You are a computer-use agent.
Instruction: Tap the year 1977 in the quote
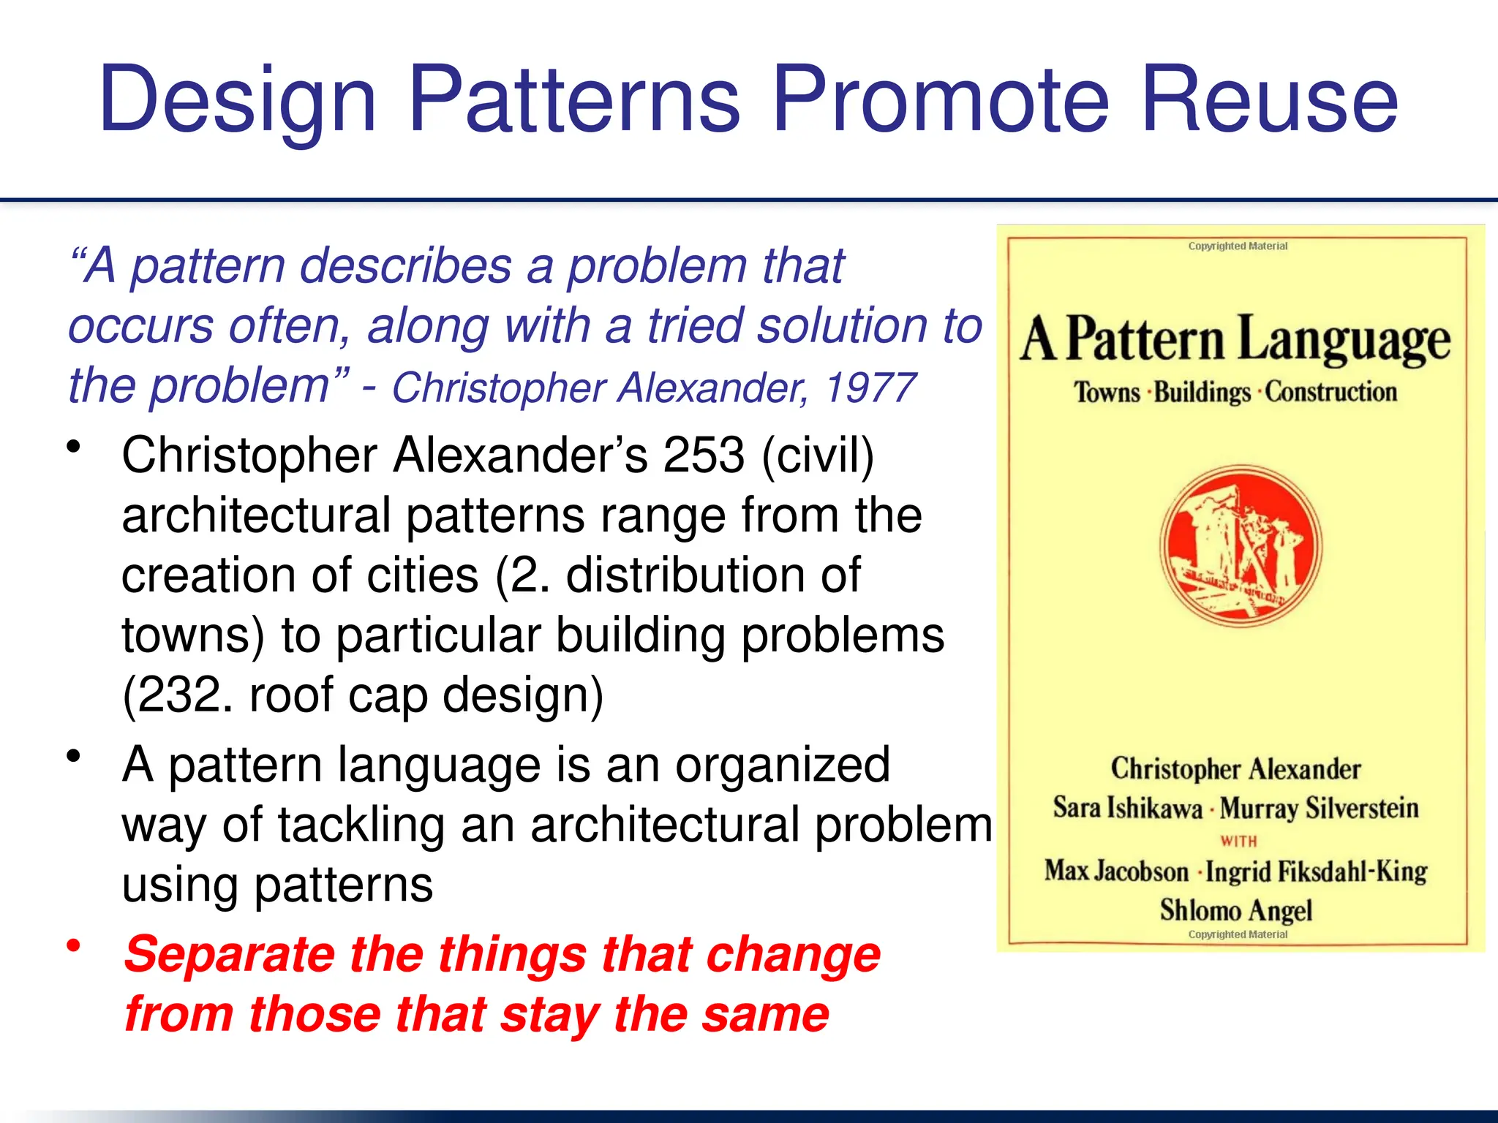(x=870, y=387)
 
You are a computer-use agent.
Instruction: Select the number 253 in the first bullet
(x=703, y=455)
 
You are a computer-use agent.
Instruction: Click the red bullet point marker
(x=73, y=946)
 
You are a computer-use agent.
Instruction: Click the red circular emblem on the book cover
(x=1241, y=547)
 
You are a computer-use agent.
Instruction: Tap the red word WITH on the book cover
(x=1238, y=842)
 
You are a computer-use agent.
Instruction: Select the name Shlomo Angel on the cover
(x=1236, y=910)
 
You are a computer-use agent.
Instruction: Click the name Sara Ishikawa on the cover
(x=1127, y=808)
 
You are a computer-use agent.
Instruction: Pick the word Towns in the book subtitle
(x=1107, y=393)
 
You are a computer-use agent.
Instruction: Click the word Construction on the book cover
(x=1330, y=392)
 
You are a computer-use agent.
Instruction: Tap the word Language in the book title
(x=1344, y=341)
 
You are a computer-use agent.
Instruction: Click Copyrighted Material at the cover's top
(x=1238, y=246)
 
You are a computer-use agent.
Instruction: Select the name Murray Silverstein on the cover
(x=1319, y=808)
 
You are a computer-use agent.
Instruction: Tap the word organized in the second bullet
(x=782, y=765)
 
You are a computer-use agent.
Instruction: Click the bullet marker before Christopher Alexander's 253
(x=73, y=447)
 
